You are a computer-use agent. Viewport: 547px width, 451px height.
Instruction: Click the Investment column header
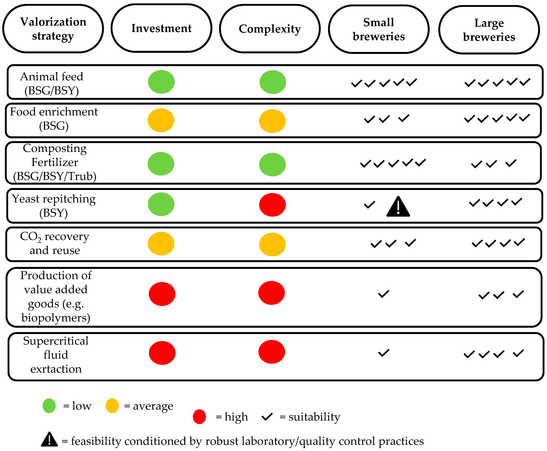[161, 28]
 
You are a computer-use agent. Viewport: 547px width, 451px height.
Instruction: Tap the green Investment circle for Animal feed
[161, 82]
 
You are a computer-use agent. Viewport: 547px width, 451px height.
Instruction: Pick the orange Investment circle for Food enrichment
[161, 120]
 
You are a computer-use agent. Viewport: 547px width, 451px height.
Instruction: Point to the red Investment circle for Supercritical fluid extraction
[162, 353]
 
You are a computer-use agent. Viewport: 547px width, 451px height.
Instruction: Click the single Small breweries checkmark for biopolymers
[383, 294]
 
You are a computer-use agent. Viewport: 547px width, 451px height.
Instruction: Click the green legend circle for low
[49, 406]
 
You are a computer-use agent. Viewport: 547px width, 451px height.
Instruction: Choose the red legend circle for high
[199, 417]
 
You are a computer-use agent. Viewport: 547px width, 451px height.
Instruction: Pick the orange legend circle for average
[112, 406]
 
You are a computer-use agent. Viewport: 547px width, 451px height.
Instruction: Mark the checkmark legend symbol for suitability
[267, 417]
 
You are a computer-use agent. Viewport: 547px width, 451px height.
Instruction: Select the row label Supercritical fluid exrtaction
[56, 355]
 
